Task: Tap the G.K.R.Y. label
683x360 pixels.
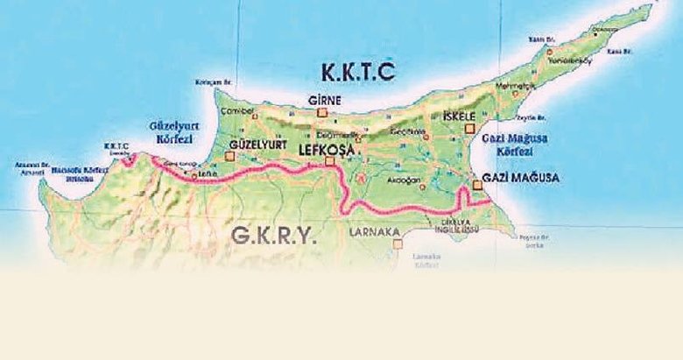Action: click(273, 235)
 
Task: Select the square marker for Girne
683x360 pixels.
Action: click(322, 113)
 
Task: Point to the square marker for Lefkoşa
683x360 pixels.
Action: click(328, 161)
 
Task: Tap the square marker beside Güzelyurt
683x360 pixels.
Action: click(229, 157)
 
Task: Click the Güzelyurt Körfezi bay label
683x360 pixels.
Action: click(175, 132)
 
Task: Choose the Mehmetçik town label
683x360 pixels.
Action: click(497, 87)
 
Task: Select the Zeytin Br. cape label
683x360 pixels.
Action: click(531, 116)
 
